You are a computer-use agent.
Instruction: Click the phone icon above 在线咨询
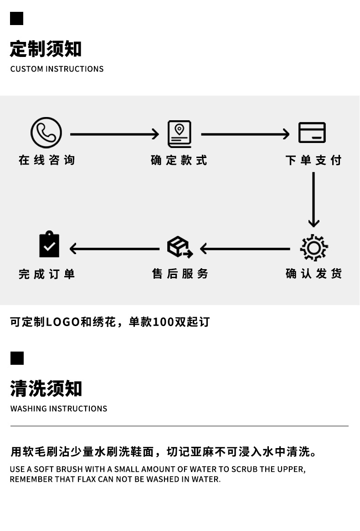click(46, 133)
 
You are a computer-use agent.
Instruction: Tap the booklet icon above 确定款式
click(179, 134)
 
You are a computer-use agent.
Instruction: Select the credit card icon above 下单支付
click(312, 133)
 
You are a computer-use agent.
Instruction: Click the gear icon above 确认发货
click(314, 248)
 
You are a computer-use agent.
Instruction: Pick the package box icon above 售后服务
click(180, 247)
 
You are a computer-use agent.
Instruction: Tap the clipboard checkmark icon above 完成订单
click(49, 245)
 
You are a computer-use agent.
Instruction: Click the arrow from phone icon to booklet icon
click(114, 134)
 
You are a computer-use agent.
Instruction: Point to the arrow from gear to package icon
click(245, 249)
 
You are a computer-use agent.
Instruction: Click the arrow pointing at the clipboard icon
click(114, 249)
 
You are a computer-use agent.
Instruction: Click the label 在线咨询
click(46, 160)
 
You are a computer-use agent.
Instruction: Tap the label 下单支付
click(314, 160)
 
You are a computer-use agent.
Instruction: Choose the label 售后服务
click(180, 274)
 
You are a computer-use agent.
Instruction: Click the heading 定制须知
click(46, 49)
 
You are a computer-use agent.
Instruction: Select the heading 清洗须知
click(46, 389)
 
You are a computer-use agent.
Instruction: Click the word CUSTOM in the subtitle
click(26, 69)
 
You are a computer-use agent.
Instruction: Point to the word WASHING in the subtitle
click(29, 408)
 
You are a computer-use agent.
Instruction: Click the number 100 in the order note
click(164, 322)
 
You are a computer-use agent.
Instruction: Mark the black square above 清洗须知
click(17, 358)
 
